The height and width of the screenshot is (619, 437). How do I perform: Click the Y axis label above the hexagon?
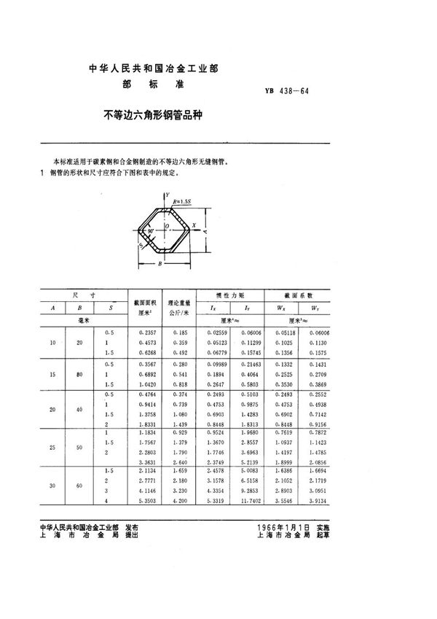(x=167, y=195)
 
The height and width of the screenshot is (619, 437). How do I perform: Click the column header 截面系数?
(x=301, y=295)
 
